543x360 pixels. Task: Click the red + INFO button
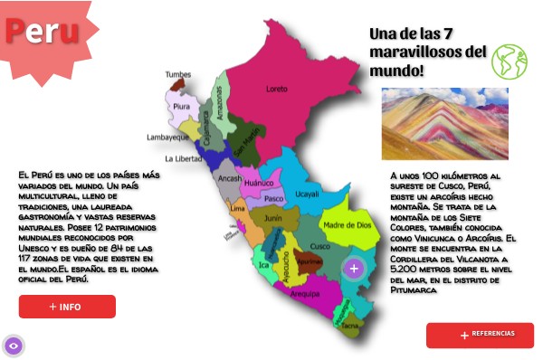tap(67, 307)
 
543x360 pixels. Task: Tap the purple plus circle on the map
tap(354, 268)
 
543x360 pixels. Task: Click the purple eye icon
tap(14, 346)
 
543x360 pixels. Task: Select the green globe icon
tap(510, 62)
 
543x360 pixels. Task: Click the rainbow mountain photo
tap(444, 123)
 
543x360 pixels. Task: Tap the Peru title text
tap(41, 31)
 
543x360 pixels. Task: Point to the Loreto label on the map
tap(276, 89)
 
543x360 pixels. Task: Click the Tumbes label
tap(178, 75)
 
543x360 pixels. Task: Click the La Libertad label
tap(184, 158)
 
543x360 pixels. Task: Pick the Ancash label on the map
tap(230, 178)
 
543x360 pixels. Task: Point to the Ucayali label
tap(307, 194)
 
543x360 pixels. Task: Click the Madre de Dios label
tap(347, 225)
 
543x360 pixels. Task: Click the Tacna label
tap(350, 324)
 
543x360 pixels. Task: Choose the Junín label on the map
tap(272, 218)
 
